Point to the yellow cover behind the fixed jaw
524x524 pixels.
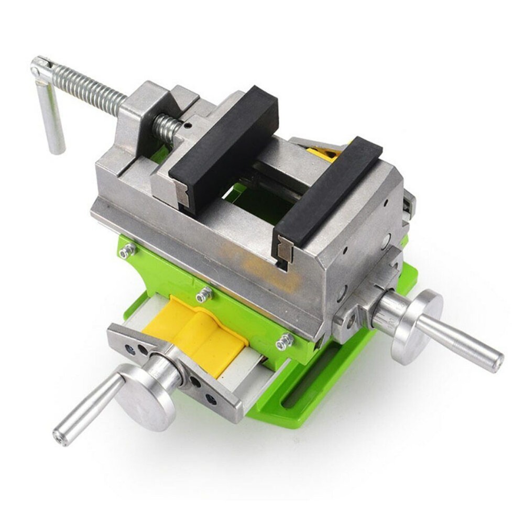[x=325, y=152]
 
